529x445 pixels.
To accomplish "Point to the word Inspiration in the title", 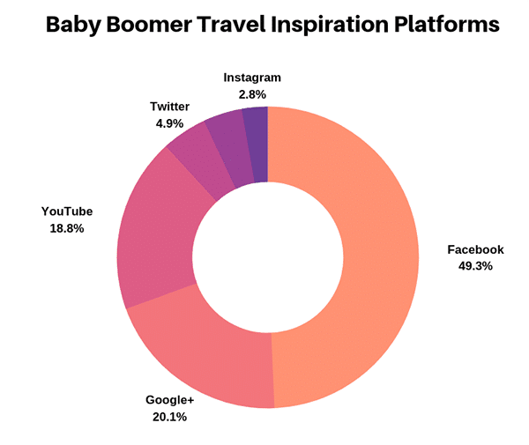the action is [331, 25].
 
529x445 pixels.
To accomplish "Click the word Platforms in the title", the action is [447, 24].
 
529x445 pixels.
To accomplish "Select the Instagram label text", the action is [252, 78].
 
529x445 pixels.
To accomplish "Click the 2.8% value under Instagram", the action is [252, 94].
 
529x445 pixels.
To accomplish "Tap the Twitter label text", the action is [169, 107].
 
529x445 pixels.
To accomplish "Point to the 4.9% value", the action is [169, 123].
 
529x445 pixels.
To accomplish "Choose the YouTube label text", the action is [67, 211].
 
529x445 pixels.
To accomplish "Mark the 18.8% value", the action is [67, 228].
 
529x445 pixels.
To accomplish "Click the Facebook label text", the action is [475, 249].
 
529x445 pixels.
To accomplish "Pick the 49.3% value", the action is [475, 266].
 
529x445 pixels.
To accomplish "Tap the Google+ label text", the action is [169, 400].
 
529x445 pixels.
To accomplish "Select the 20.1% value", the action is [169, 417].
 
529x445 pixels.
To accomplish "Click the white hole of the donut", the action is [268, 257].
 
